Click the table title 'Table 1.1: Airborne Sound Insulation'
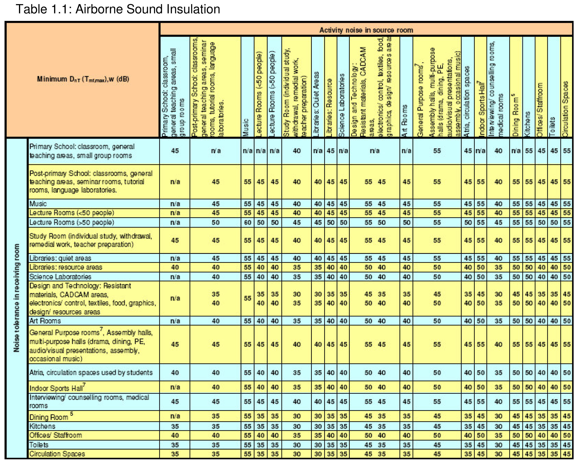[118, 9]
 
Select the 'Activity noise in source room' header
[366, 30]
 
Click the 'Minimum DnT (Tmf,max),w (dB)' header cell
[83, 79]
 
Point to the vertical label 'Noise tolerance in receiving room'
[17, 298]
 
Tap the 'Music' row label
[38, 204]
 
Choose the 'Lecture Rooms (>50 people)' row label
[71, 222]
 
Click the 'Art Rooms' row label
[45, 321]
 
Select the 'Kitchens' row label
[42, 426]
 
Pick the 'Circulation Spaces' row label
[57, 454]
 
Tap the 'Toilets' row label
[39, 445]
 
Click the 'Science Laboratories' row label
[60, 276]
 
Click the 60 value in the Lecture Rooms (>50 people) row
[247, 222]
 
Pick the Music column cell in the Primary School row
[247, 151]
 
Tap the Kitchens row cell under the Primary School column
[175, 426]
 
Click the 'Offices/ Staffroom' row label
[56, 435]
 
